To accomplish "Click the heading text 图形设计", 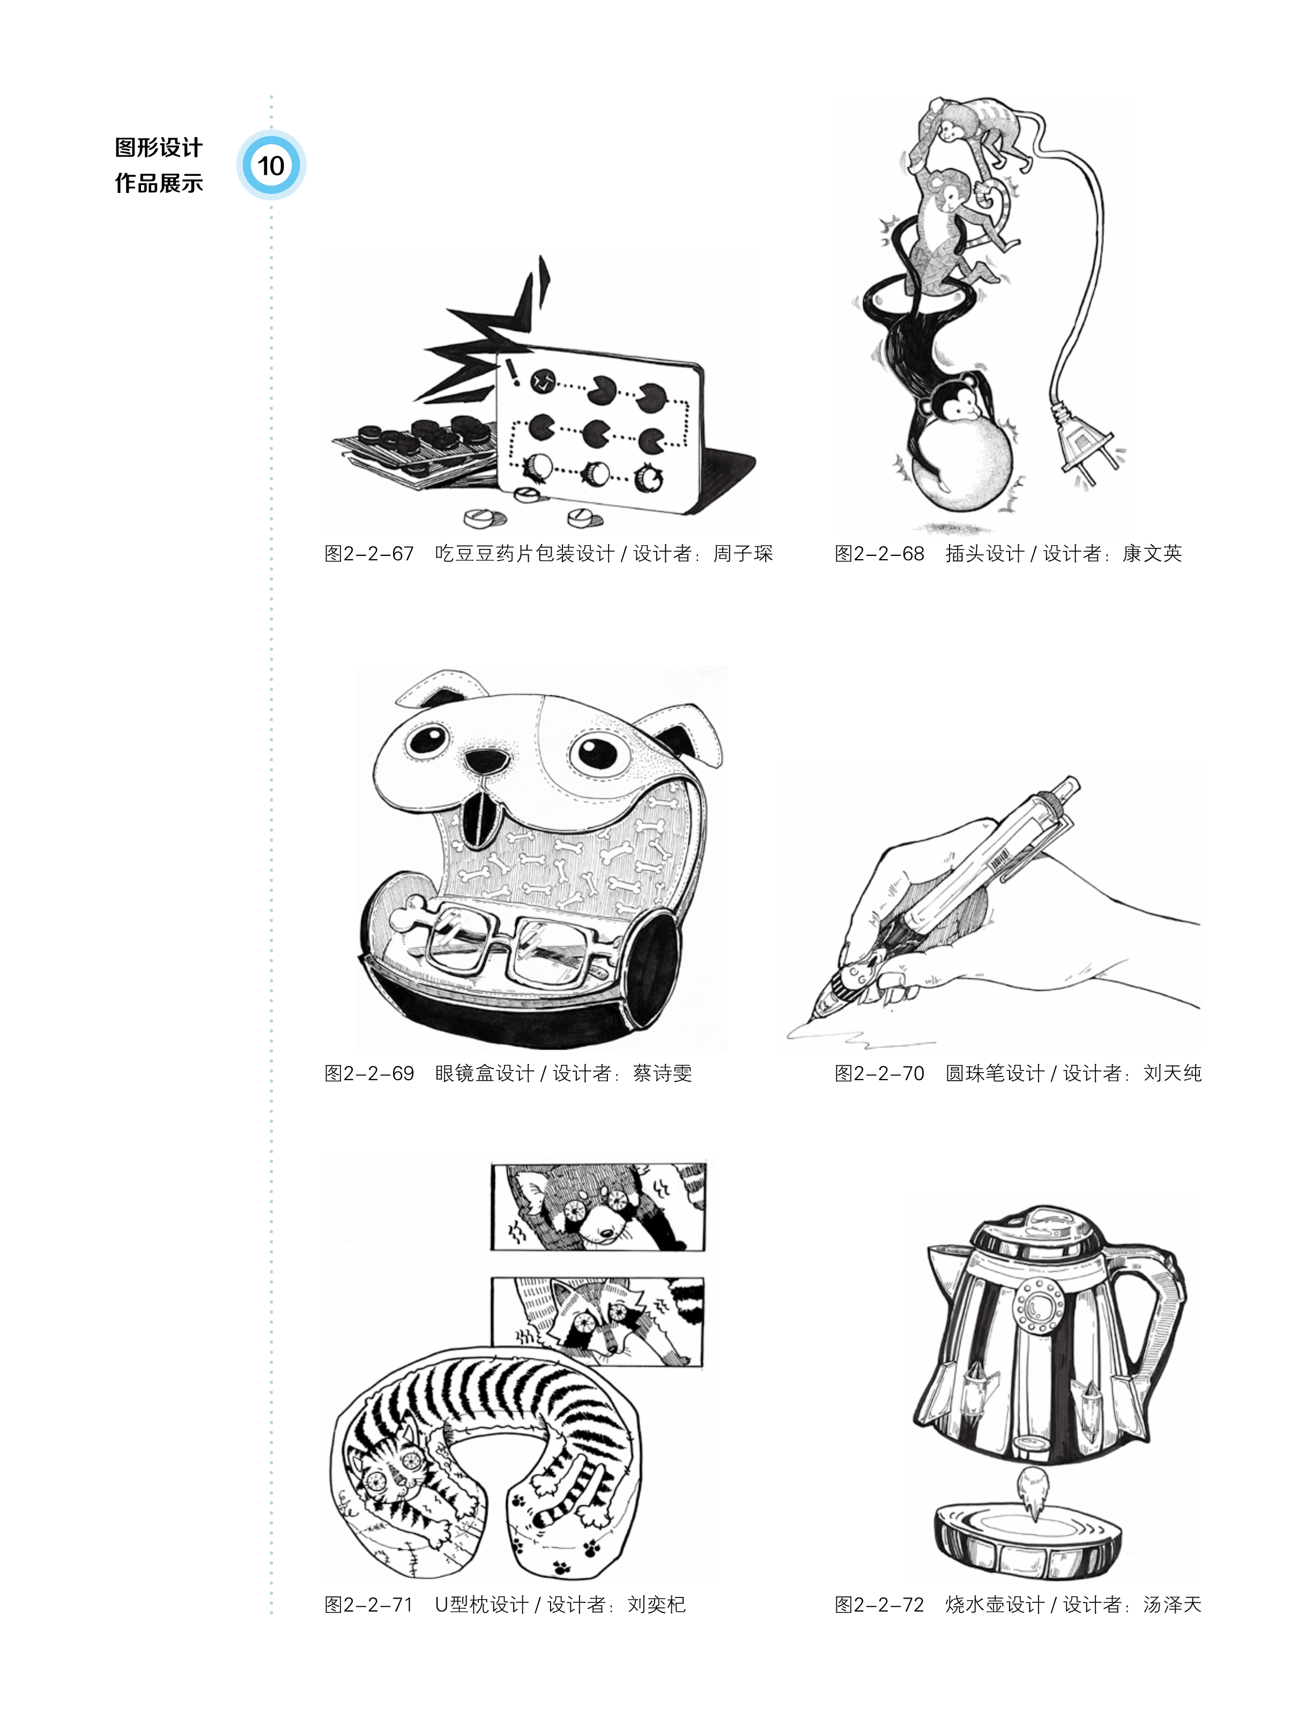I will [x=158, y=147].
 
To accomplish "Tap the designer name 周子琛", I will [x=743, y=554].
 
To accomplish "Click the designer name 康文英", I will [x=1152, y=554].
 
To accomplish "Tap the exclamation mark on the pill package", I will [x=512, y=371].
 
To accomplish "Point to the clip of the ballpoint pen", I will [x=1035, y=850].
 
